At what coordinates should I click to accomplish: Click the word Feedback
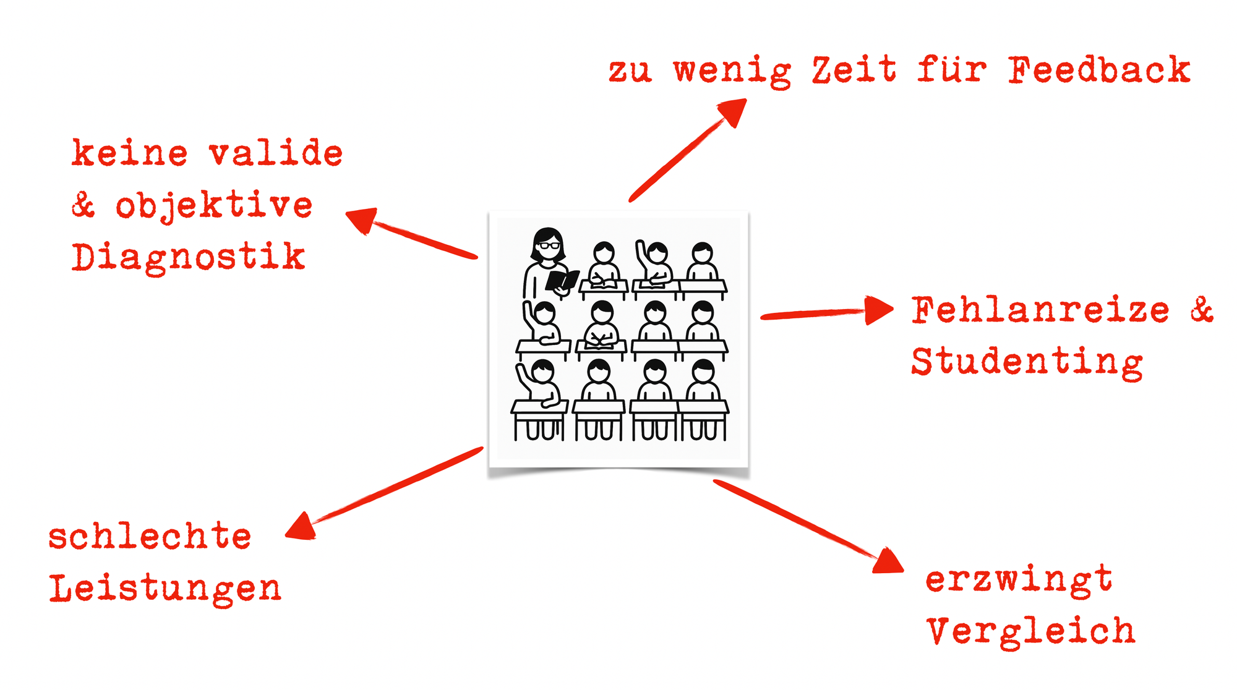[x=1099, y=69]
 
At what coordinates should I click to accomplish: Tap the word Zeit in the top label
[x=854, y=69]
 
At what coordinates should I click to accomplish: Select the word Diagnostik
[x=188, y=257]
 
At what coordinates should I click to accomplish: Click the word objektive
[x=214, y=206]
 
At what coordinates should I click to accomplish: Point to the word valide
[x=275, y=153]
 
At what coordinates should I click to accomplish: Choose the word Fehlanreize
[x=1040, y=310]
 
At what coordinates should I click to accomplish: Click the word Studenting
[x=1027, y=362]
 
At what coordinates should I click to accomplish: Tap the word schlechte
[x=150, y=536]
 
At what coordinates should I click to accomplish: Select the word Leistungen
[x=165, y=588]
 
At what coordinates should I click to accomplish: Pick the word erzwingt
[x=1019, y=580]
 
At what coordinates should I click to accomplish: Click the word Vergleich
[x=1030, y=632]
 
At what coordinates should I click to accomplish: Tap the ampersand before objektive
[x=83, y=205]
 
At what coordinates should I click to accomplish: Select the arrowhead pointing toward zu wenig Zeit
[x=733, y=111]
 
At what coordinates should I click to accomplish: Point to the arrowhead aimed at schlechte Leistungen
[x=301, y=527]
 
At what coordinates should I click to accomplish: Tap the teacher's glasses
[x=548, y=245]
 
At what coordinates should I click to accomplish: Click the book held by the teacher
[x=562, y=280]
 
